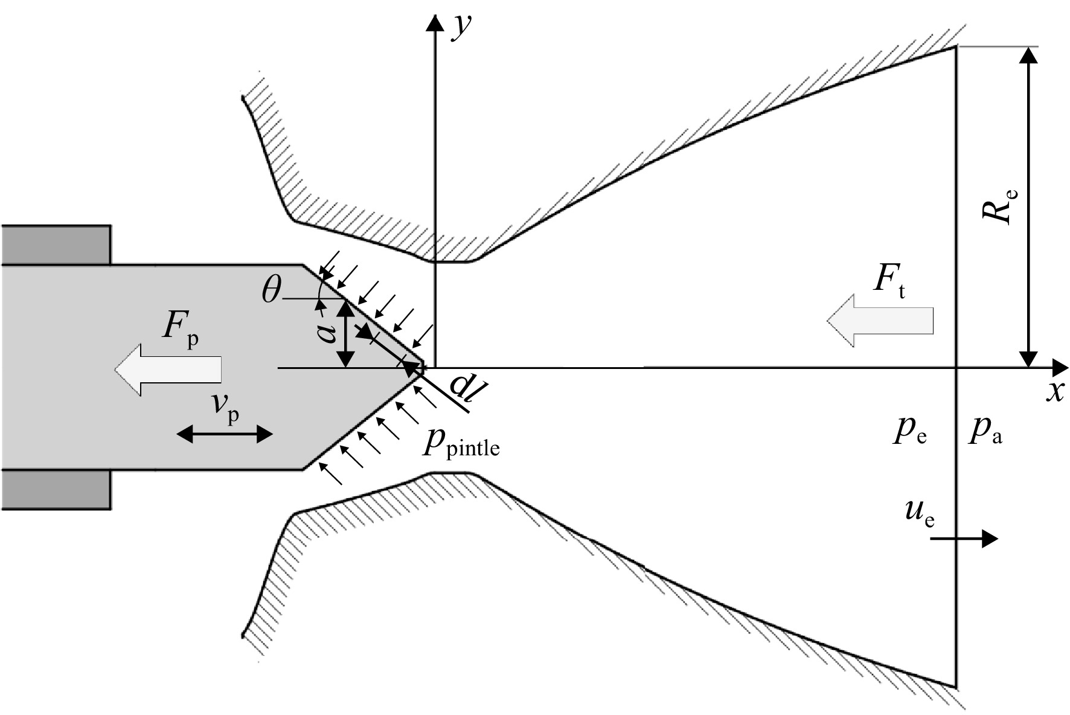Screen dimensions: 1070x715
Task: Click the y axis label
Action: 461,27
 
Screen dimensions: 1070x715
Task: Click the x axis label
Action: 1054,393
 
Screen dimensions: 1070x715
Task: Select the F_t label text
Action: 889,283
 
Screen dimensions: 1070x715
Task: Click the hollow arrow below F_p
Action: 168,370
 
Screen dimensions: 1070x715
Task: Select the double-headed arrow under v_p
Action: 225,434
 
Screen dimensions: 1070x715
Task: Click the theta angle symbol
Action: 272,291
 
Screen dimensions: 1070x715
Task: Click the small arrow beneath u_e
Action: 964,538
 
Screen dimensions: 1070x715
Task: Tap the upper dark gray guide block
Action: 56,245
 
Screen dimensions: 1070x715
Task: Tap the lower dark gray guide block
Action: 56,489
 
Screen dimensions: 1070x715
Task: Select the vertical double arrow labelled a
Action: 345,333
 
